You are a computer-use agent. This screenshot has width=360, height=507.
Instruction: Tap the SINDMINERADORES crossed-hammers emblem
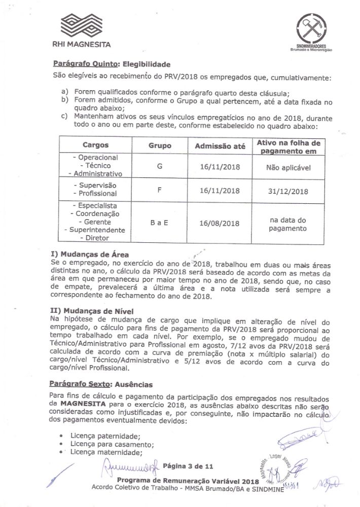[310, 28]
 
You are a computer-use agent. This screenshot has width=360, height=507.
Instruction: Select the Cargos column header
[95, 145]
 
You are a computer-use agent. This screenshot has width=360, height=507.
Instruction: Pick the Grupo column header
[160, 146]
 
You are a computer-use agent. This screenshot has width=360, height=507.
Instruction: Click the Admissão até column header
[220, 146]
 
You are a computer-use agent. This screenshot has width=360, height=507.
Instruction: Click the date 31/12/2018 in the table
[288, 191]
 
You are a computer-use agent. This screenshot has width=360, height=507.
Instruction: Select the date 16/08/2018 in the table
[220, 223]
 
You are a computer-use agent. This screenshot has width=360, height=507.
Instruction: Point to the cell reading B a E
[160, 223]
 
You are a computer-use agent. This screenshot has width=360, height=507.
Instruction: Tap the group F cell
[160, 191]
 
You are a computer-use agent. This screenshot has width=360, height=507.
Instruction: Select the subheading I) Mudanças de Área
[90, 254]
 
